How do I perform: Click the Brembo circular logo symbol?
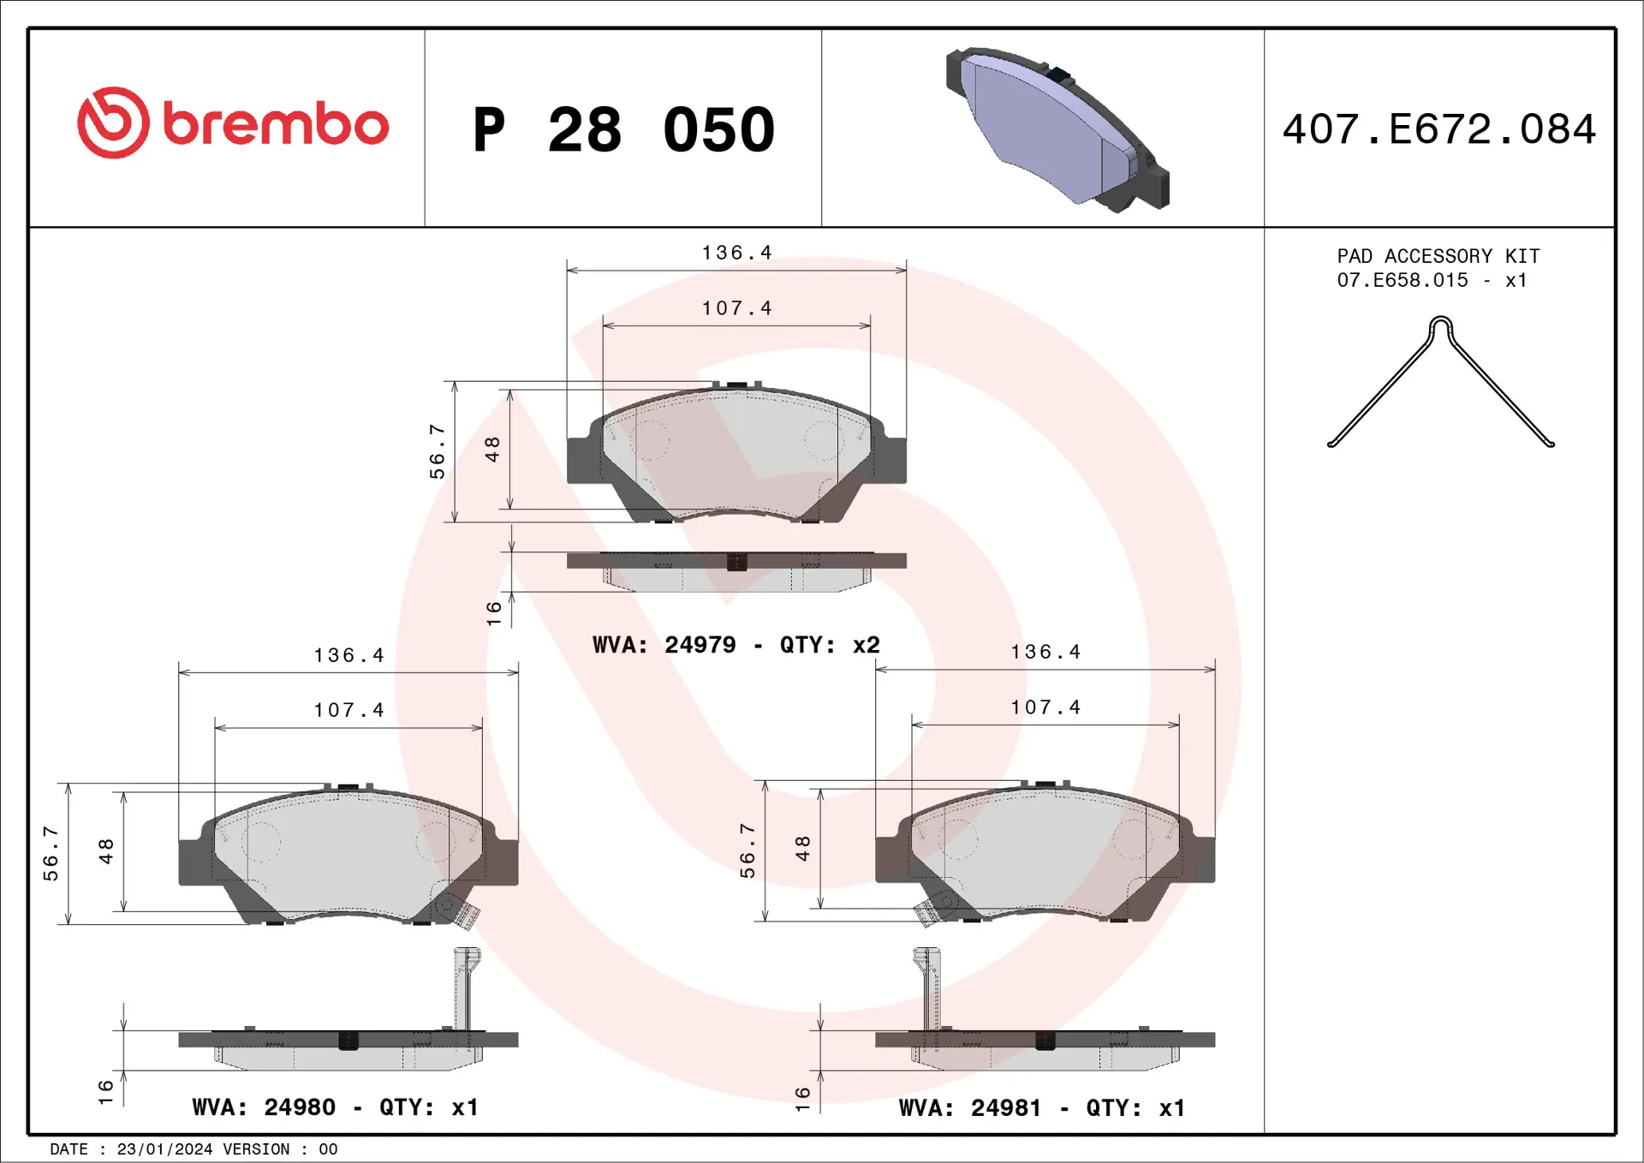click(113, 122)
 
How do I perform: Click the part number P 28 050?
click(623, 130)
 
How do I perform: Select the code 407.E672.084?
click(1438, 129)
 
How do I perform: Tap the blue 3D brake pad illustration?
click(1057, 128)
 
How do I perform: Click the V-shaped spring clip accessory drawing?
click(1440, 382)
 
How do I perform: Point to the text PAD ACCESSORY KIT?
click(1438, 256)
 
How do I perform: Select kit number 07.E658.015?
click(1402, 280)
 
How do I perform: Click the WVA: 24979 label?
click(664, 645)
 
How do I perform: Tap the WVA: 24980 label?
click(264, 1107)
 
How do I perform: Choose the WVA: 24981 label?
click(970, 1108)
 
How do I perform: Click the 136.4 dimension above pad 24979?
click(736, 253)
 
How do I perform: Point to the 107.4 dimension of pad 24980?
click(348, 710)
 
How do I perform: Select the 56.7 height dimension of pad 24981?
click(748, 850)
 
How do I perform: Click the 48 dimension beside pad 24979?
click(492, 449)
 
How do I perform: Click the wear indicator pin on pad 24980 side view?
click(467, 989)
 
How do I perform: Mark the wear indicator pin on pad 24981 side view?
click(927, 989)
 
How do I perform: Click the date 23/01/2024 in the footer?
click(164, 1149)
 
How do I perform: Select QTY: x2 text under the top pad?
click(829, 645)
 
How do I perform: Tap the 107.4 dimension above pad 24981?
click(1045, 707)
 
